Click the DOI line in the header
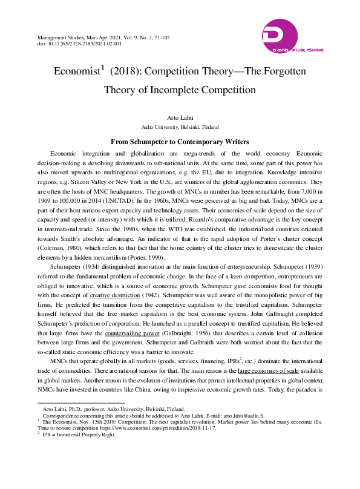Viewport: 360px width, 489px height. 79,44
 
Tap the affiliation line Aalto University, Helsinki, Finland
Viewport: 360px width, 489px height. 180,128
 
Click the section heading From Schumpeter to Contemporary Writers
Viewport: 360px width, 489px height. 180,142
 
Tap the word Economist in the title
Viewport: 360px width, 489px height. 76,71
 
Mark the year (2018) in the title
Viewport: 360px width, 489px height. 125,71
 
